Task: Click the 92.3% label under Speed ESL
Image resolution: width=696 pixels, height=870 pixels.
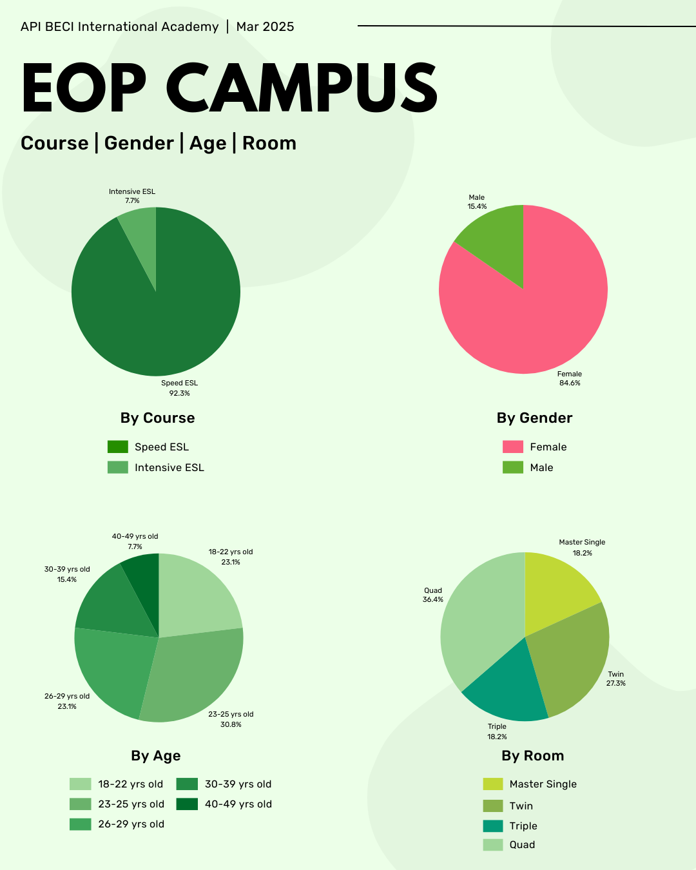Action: tap(179, 393)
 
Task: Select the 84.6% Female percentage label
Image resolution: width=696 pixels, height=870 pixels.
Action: tap(570, 383)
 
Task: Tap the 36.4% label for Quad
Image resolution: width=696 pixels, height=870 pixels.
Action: tap(433, 600)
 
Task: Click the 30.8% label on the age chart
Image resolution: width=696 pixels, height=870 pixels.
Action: tap(231, 724)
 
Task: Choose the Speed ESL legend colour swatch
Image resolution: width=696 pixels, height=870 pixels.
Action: tap(117, 447)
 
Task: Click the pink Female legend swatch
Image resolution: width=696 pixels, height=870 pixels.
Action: tap(512, 447)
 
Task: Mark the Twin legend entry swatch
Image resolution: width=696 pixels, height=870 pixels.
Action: tap(492, 806)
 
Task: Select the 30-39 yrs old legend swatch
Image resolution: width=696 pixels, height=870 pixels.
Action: tap(187, 784)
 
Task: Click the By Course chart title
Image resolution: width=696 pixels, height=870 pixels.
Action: tap(157, 418)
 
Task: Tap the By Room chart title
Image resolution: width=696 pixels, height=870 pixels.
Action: tap(532, 755)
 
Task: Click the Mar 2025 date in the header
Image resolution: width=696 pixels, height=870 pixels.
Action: tap(265, 26)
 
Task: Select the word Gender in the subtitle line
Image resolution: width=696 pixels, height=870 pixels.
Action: tap(139, 143)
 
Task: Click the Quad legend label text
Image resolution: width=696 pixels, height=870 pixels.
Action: tap(522, 845)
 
